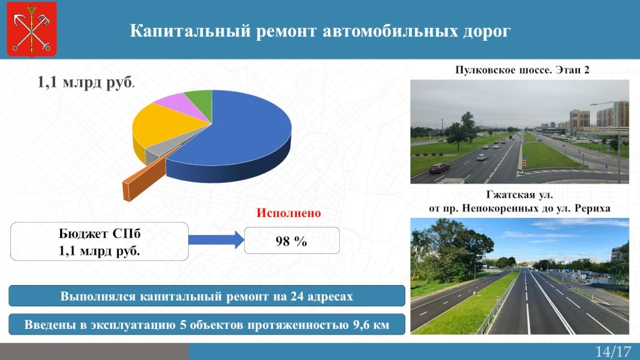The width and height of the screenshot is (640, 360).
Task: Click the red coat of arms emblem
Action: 32,29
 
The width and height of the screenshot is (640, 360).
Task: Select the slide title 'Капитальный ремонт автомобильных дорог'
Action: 320,31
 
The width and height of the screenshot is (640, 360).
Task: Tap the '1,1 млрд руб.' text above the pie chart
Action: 86,82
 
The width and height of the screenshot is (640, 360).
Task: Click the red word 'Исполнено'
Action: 288,213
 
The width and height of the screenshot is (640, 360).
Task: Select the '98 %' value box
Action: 292,241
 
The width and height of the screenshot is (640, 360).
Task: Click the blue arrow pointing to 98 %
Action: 217,240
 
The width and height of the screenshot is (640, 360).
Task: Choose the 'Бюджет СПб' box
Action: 99,242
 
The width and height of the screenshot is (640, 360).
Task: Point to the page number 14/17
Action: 613,352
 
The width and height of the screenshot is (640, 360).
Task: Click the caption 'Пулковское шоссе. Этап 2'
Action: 522,70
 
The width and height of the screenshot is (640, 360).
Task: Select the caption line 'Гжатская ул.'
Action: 520,195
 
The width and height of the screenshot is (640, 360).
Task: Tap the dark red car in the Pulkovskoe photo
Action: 439,167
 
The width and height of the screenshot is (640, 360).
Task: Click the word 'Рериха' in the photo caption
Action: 592,209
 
